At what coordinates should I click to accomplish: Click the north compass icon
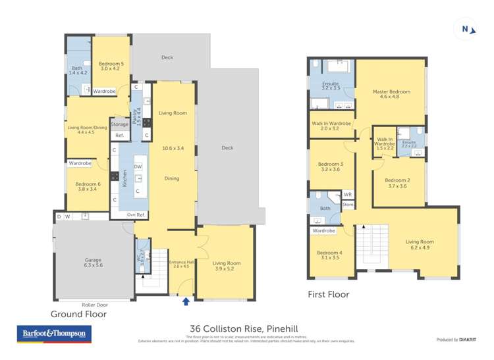click(466, 29)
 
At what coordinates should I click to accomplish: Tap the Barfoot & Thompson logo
click(54, 334)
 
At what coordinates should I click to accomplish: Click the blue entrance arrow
click(186, 301)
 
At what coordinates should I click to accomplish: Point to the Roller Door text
click(95, 305)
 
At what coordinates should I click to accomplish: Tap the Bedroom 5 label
click(109, 64)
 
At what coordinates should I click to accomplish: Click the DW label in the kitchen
click(138, 167)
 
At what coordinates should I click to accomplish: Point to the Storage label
click(120, 124)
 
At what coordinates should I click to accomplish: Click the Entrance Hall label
click(180, 263)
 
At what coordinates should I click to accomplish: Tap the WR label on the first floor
click(348, 195)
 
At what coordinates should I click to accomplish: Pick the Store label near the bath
click(348, 205)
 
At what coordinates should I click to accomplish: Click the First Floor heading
click(329, 294)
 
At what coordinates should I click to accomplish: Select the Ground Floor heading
click(79, 314)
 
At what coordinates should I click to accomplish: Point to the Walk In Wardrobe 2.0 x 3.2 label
click(331, 126)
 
